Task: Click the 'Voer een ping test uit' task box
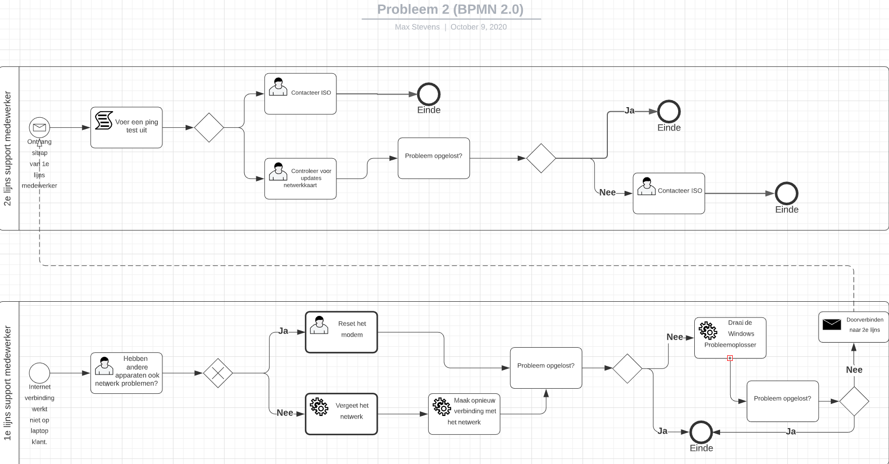click(x=126, y=127)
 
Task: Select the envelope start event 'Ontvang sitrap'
click(x=39, y=127)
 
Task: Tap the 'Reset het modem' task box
click(x=341, y=332)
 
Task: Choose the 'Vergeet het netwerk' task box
click(x=341, y=414)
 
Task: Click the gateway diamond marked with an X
click(x=218, y=373)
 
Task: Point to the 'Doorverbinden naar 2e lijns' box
click(x=853, y=327)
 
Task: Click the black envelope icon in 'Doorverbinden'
click(x=831, y=324)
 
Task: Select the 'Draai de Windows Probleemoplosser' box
click(x=730, y=338)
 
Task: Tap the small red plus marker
click(x=730, y=358)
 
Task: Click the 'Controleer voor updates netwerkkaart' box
click(x=300, y=178)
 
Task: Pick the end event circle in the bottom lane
click(x=701, y=432)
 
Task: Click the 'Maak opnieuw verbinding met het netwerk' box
click(x=464, y=414)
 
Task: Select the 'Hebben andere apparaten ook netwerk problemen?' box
click(x=126, y=373)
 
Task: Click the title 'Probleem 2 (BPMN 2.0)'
click(x=450, y=9)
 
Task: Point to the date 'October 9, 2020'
click(x=478, y=27)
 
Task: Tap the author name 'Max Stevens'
click(x=417, y=27)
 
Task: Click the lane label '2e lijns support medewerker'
click(x=8, y=148)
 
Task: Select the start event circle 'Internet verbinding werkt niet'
click(x=39, y=373)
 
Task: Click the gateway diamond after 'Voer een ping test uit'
click(x=209, y=127)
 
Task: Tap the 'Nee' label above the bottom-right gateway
click(x=854, y=369)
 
